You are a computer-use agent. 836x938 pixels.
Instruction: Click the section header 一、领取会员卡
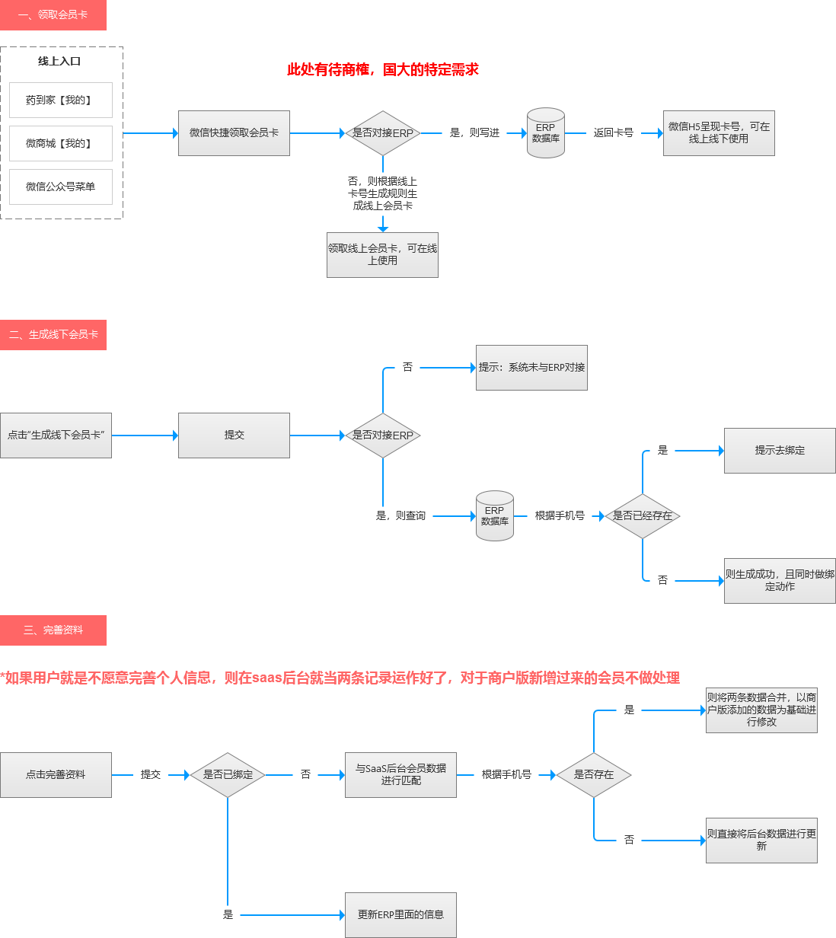53,15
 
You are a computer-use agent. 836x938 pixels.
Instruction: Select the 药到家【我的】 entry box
61,100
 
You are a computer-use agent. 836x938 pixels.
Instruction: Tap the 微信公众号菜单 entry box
61,187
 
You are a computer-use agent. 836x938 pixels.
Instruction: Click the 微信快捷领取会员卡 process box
234,133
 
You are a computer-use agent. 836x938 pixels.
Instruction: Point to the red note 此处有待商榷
382,70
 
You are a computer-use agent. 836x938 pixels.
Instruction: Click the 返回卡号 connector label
613,132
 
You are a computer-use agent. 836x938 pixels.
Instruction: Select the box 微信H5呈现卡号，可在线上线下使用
719,133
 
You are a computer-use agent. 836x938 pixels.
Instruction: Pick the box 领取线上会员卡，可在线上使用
382,255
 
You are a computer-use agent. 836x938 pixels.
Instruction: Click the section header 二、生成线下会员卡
53,335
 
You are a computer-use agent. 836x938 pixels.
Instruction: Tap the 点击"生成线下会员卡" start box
56,435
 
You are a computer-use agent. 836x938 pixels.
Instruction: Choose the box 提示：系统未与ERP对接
531,368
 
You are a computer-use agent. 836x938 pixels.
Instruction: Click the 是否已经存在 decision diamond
643,516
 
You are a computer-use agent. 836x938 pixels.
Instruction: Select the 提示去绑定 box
780,451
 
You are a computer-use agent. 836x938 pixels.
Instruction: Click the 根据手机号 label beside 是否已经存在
560,516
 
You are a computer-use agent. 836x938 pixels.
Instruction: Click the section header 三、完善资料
53,630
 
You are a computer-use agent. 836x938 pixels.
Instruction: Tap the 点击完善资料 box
56,775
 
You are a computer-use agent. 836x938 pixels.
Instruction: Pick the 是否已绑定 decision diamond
228,775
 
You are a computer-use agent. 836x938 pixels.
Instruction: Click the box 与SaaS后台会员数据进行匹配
400,775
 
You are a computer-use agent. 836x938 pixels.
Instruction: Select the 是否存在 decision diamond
594,775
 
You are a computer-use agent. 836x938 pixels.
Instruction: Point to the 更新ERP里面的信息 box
400,915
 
